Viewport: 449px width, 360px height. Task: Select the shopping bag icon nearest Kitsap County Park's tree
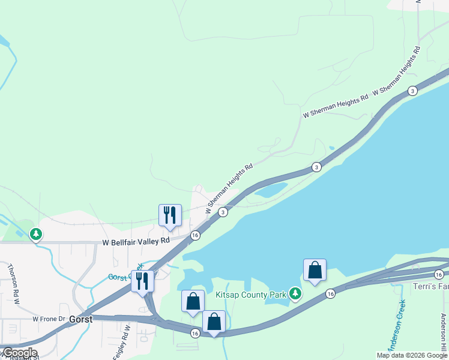point(315,270)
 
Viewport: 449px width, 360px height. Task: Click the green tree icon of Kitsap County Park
point(295,293)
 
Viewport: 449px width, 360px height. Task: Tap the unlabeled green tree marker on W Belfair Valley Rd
point(37,233)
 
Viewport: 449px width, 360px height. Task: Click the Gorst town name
point(80,319)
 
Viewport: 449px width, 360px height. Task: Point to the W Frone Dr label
point(48,319)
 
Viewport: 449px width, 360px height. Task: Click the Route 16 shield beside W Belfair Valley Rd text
point(195,236)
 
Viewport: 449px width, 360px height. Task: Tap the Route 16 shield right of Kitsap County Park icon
point(330,293)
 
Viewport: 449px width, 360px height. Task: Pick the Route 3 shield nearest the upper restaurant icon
point(223,212)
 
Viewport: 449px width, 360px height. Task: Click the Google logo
point(19,353)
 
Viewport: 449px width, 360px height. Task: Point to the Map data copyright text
point(412,355)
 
